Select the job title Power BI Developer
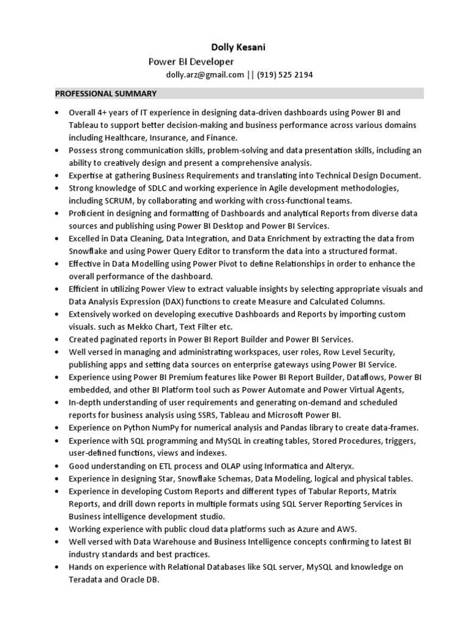pyautogui.click(x=191, y=62)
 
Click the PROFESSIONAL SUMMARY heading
pyautogui.click(x=106, y=94)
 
